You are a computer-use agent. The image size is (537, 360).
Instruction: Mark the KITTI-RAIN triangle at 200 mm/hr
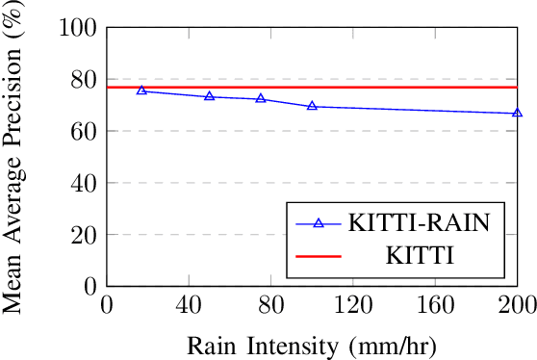(x=518, y=114)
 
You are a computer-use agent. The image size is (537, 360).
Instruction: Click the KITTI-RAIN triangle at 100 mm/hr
(x=312, y=106)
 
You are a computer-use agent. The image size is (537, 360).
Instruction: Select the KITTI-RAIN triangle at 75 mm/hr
(x=261, y=98)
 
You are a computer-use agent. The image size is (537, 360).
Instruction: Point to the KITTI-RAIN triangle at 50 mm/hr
(x=209, y=96)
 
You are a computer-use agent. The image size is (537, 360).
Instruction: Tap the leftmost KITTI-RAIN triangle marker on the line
(x=141, y=90)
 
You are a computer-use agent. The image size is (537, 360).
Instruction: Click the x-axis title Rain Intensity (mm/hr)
(x=312, y=344)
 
